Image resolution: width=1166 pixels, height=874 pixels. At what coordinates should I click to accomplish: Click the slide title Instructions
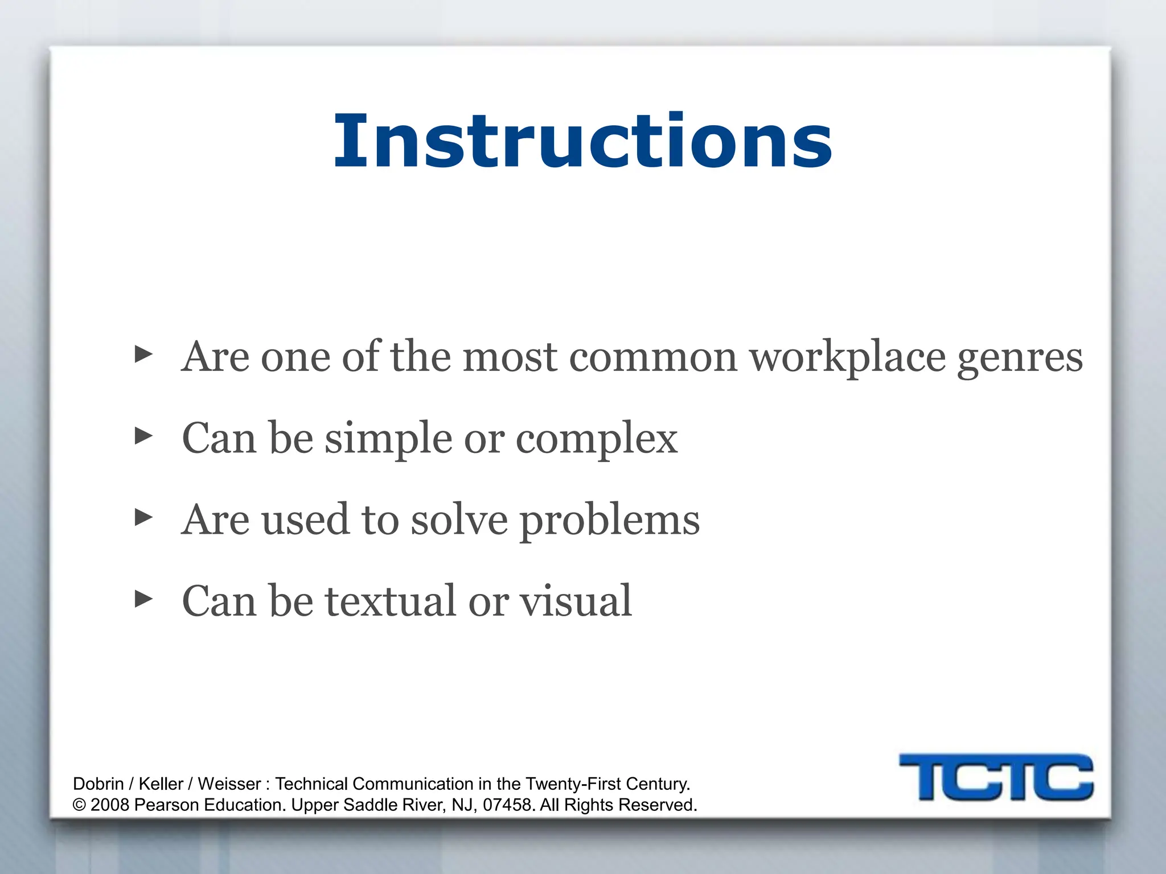(583, 141)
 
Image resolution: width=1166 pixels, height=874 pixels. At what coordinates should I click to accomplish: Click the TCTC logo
(996, 777)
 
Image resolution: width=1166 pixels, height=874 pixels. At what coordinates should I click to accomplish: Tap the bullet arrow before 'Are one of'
(143, 354)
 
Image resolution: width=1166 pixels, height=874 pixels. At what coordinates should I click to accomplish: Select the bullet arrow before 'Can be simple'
(143, 436)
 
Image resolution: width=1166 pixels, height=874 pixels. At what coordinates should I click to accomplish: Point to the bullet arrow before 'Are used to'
(143, 518)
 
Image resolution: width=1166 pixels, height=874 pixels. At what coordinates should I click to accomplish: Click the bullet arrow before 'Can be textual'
(143, 599)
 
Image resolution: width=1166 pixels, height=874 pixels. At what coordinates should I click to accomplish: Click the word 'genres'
(1020, 358)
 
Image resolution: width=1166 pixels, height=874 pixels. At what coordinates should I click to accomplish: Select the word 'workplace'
(847, 358)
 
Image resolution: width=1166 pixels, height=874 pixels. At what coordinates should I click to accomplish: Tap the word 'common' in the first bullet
(653, 358)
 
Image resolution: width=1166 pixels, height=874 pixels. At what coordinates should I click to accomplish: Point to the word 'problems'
(610, 521)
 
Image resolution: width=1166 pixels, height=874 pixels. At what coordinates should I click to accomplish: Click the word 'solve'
(459, 520)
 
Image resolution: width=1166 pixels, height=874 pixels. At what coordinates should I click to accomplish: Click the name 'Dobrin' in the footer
(98, 784)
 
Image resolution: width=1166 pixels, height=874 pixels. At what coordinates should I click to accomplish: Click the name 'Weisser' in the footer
(229, 784)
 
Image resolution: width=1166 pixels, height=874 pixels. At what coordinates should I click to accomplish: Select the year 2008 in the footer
(109, 805)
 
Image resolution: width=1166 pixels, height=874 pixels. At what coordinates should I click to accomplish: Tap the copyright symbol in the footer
(79, 806)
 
